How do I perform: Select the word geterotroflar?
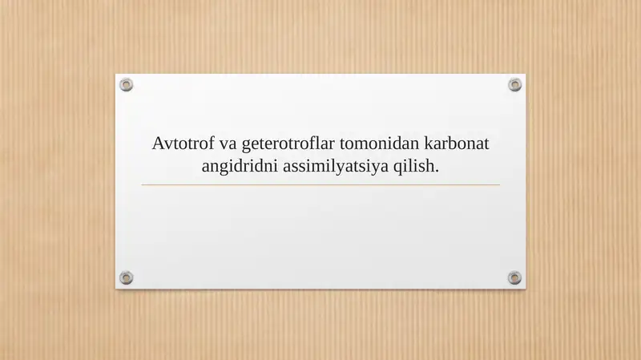(288, 145)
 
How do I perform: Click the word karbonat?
(456, 144)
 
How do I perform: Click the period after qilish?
(437, 171)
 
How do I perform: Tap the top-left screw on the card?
(127, 85)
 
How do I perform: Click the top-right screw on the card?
(514, 85)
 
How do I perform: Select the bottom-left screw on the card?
(127, 277)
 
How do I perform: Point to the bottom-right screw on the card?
(514, 277)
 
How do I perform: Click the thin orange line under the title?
(320, 185)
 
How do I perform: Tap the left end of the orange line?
(143, 185)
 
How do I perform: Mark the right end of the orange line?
(498, 185)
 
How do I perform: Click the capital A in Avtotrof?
(159, 144)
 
